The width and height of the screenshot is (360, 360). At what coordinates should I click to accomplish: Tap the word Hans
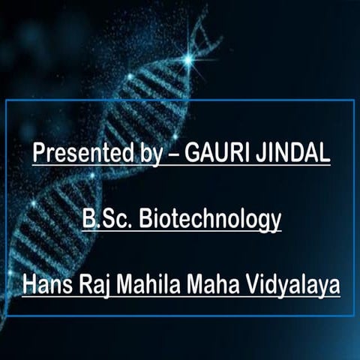coord(43,286)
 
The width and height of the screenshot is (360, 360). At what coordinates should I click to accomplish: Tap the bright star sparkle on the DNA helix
coord(188,58)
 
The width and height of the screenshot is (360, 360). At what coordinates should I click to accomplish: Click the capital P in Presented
coord(39,153)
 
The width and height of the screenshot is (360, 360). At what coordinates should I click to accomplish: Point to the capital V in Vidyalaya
coord(254,285)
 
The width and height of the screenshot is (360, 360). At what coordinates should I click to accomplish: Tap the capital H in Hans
coord(28,285)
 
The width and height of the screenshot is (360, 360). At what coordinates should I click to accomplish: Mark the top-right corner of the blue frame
coord(353,100)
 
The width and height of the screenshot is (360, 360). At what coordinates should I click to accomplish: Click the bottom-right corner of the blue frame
coord(353,315)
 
